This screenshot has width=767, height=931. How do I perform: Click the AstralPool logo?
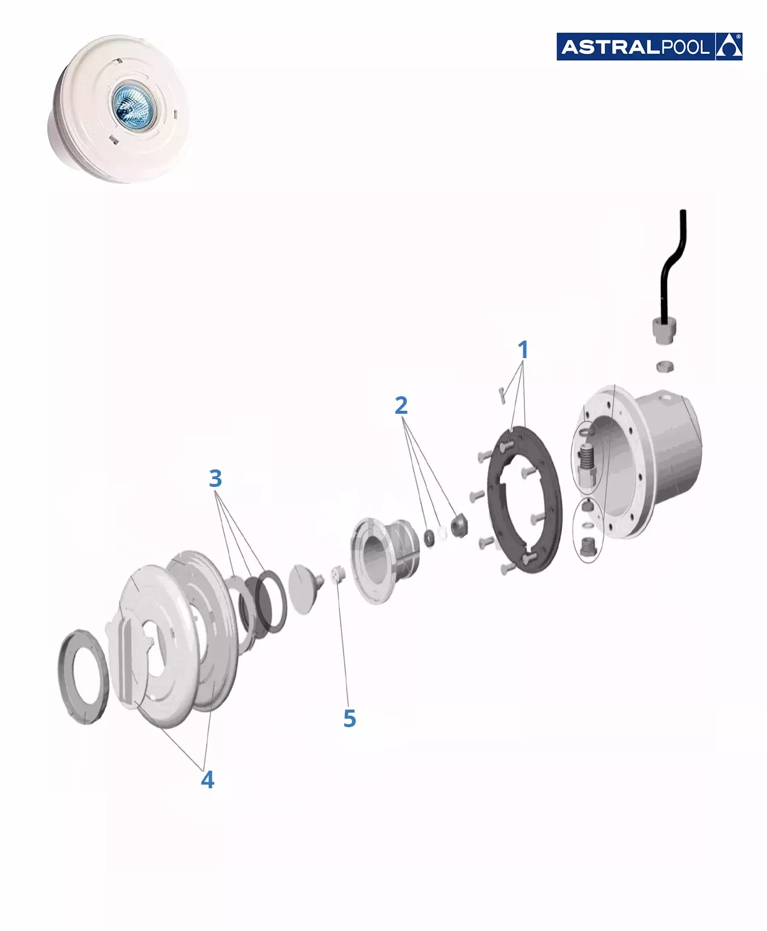(649, 47)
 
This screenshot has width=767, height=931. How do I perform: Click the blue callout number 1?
(523, 350)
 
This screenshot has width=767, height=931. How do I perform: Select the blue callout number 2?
(401, 405)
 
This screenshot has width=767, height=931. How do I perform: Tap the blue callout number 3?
(215, 479)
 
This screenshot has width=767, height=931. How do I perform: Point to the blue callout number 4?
(207, 779)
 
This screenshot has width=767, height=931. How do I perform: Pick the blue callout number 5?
(350, 718)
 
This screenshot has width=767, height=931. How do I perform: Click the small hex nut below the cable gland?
(665, 367)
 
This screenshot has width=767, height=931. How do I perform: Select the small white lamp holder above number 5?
(339, 574)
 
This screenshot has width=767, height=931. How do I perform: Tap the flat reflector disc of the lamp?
(303, 589)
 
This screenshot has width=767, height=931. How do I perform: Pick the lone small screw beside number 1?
(502, 395)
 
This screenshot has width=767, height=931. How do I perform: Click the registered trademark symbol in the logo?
(739, 36)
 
